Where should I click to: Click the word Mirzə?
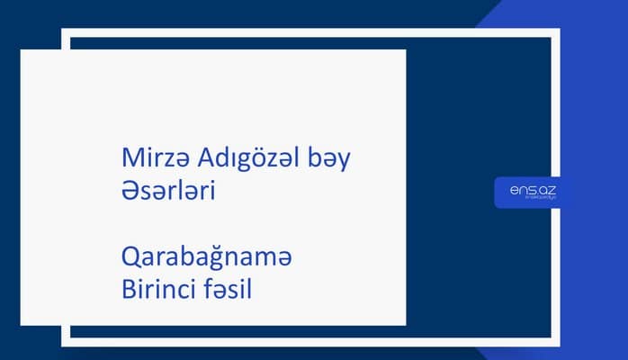(x=150, y=159)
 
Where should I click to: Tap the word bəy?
(x=328, y=159)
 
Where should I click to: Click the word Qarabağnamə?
(x=207, y=259)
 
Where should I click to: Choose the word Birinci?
(x=157, y=291)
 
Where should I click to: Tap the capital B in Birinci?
(x=128, y=291)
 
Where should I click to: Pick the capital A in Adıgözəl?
(x=194, y=159)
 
